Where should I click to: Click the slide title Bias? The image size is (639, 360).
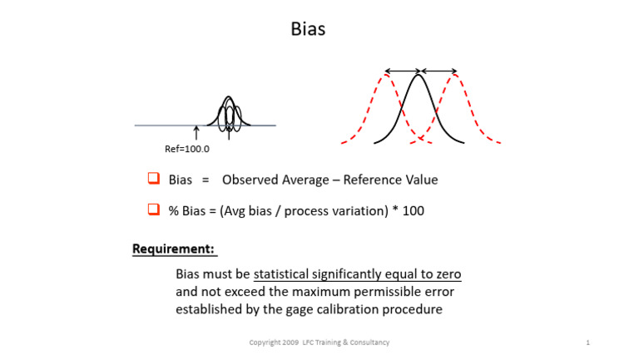308,29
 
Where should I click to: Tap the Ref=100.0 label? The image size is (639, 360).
187,150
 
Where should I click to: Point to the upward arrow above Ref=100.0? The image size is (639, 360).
196,133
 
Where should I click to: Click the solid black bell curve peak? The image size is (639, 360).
419,77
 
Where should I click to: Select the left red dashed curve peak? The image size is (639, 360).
384,77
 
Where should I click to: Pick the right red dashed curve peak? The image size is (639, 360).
454,77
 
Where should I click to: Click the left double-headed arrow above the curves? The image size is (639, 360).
402,71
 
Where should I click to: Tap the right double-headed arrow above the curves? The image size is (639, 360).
438,71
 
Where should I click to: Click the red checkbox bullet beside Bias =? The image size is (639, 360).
153,179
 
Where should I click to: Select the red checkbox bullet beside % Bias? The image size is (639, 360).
153,210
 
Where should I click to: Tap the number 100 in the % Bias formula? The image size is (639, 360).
414,211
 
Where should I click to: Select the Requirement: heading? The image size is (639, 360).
173,249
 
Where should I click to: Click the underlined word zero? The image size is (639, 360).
447,274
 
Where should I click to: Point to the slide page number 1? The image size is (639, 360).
587,343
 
